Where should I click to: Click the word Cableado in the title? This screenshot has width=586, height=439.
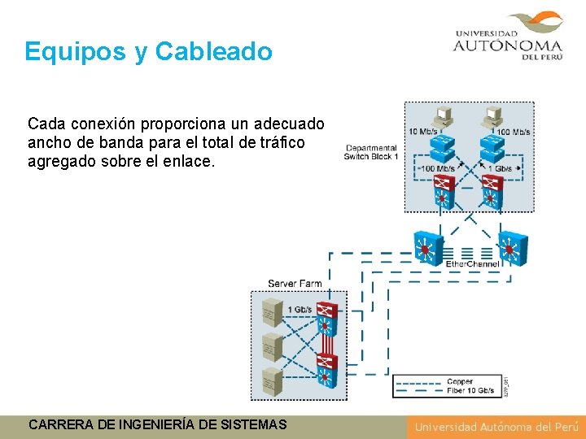coord(213,52)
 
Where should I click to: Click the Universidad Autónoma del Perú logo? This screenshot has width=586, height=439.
coord(509,37)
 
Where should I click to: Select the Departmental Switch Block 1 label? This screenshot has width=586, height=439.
coord(371,152)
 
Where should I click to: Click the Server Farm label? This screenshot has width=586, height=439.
coord(295,283)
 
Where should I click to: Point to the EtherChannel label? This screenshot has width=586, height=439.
coord(473,264)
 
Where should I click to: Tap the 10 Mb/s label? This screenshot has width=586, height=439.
coord(423,132)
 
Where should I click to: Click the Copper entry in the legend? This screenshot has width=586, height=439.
coord(460,381)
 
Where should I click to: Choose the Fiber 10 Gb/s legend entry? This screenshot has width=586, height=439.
coord(470,391)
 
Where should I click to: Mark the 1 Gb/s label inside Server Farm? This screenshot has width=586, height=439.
coord(300,310)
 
